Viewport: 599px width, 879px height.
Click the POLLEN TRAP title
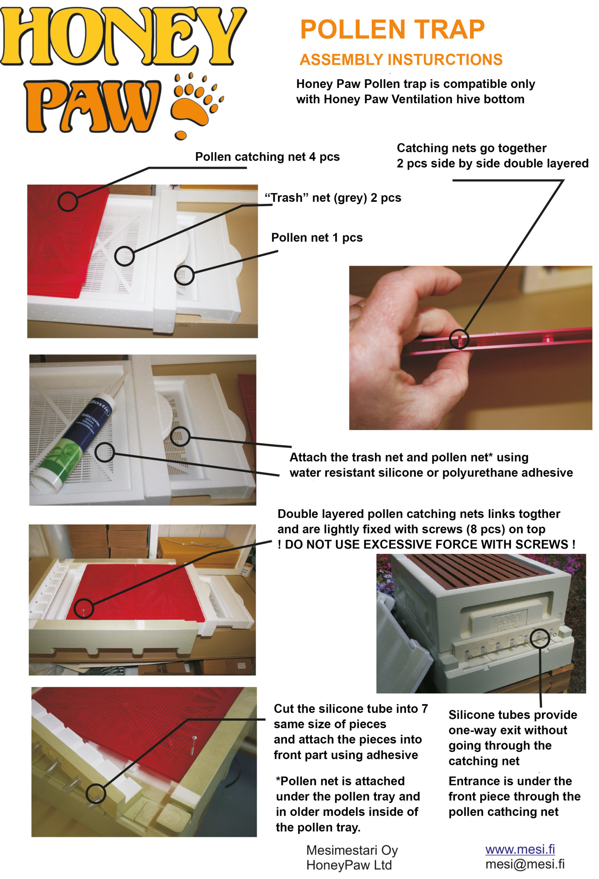[x=392, y=30]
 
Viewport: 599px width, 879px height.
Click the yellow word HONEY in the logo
[x=123, y=36]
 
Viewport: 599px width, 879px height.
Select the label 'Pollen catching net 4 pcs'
[x=267, y=157]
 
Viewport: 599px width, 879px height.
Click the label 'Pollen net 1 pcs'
[x=317, y=238]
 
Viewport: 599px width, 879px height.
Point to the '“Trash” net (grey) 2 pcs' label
[x=333, y=198]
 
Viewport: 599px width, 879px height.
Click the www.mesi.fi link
[x=520, y=849]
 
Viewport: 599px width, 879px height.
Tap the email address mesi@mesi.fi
[x=525, y=864]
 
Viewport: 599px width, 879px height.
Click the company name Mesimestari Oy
[x=352, y=850]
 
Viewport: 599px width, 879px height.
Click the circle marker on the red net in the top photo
[x=68, y=201]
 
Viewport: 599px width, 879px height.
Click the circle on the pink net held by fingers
[x=459, y=339]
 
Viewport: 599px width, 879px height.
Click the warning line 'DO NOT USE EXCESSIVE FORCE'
[x=427, y=544]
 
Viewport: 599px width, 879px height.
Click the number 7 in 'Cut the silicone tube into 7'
[x=425, y=708]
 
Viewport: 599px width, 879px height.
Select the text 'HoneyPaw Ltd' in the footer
[x=349, y=865]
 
